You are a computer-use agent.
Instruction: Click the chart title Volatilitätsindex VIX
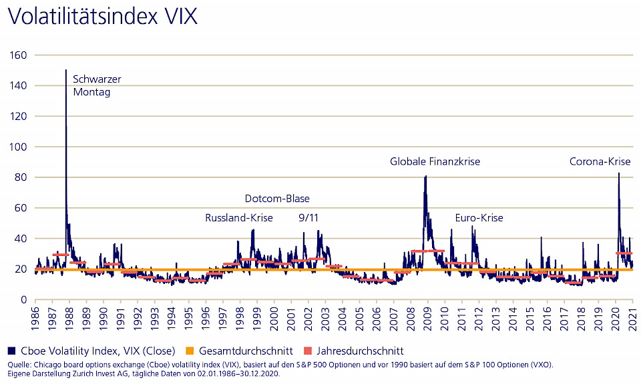point(102,16)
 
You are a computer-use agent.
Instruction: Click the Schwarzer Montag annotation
point(96,86)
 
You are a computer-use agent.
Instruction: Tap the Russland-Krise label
point(238,218)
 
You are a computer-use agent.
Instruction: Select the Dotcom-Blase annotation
point(277,199)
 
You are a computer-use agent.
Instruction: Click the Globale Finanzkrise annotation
point(435,161)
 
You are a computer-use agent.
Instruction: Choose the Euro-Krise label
point(479,218)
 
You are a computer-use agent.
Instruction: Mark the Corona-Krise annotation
point(600,161)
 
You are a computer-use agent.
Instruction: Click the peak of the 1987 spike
point(65,70)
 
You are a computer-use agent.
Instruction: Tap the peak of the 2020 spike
point(618,173)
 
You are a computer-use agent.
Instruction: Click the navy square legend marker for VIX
point(13,351)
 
